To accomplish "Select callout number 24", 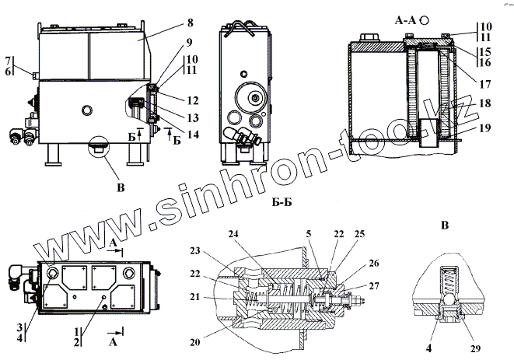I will click(x=234, y=233).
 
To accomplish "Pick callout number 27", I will click(x=376, y=286).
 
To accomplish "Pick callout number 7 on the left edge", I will click(x=9, y=59).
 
